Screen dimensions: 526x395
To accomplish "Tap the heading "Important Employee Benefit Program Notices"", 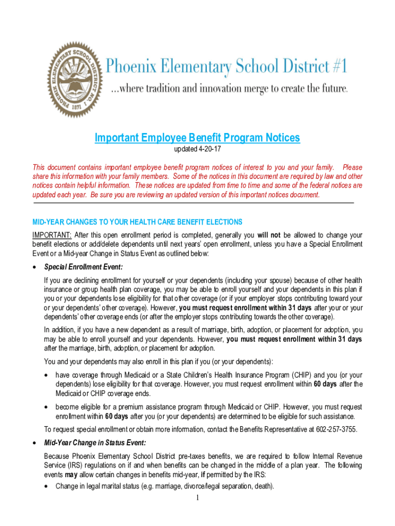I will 197,138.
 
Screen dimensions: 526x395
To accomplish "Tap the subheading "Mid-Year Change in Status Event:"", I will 95,443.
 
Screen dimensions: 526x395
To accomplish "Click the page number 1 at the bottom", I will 197,498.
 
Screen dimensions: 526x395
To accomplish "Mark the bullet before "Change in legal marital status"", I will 47,486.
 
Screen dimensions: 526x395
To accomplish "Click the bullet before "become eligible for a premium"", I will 47,407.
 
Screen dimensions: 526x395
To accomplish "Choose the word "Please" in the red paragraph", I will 352,167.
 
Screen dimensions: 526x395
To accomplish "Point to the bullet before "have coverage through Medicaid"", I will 47,375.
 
